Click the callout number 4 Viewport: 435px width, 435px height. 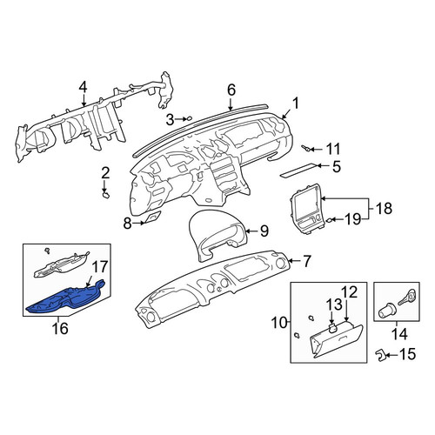point(83,88)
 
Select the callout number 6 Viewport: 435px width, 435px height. point(231,90)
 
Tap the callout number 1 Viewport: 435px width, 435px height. point(295,104)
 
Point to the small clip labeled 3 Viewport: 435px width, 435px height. point(189,118)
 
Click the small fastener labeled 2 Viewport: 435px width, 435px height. point(106,194)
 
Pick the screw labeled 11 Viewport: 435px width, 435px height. point(306,149)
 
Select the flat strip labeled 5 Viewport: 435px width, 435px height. point(298,171)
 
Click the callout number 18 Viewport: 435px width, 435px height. point(384,209)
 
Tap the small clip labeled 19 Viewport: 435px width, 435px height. point(329,220)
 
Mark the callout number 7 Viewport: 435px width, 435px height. point(307,261)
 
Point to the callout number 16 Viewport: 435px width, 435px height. point(60,328)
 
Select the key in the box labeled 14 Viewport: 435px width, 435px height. point(408,297)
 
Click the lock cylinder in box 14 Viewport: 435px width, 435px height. point(385,311)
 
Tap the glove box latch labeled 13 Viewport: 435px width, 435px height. point(333,328)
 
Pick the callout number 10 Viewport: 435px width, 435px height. point(279,323)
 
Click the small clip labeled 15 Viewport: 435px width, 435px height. point(380,355)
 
